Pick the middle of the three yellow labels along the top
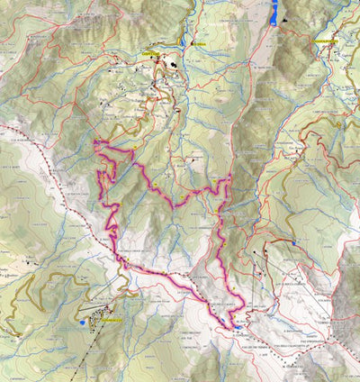tap(200, 42)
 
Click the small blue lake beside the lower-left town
tap(83, 322)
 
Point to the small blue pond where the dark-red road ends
tap(294, 242)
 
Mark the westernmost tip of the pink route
tap(94, 142)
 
